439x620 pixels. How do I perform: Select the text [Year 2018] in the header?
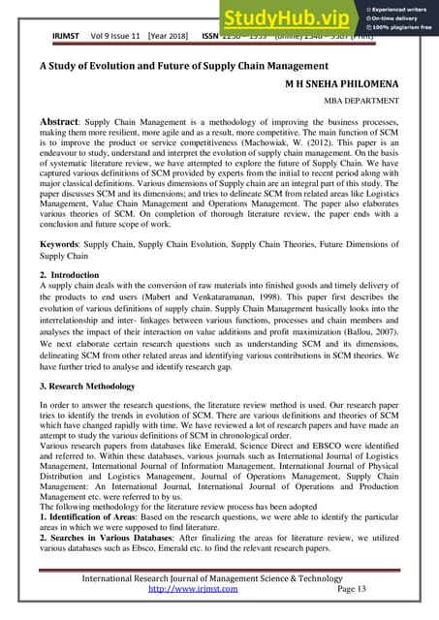click(170, 38)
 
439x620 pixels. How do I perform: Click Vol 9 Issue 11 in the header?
click(110, 38)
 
